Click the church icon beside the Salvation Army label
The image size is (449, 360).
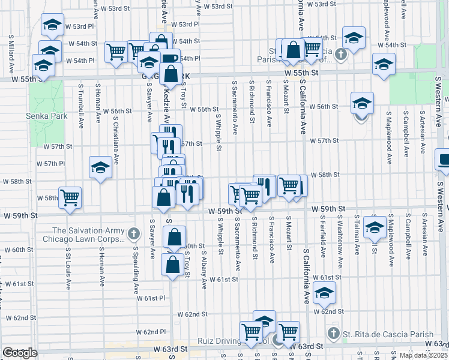coord(135,232)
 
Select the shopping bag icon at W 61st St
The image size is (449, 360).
coord(172,264)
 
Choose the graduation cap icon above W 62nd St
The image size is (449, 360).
coord(325,292)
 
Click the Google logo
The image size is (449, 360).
coord(20,353)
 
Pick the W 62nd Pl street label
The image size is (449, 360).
coord(151,332)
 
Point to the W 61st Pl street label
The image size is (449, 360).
coord(151,298)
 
